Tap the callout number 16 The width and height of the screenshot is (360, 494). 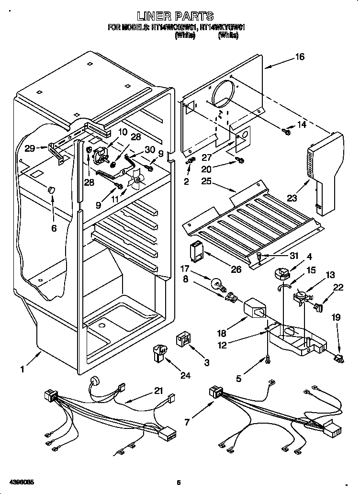click(x=300, y=57)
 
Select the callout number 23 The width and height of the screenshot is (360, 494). click(x=292, y=197)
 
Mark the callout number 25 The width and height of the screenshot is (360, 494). click(x=207, y=182)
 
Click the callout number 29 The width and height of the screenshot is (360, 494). click(x=30, y=148)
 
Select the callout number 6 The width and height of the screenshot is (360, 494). click(x=54, y=228)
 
